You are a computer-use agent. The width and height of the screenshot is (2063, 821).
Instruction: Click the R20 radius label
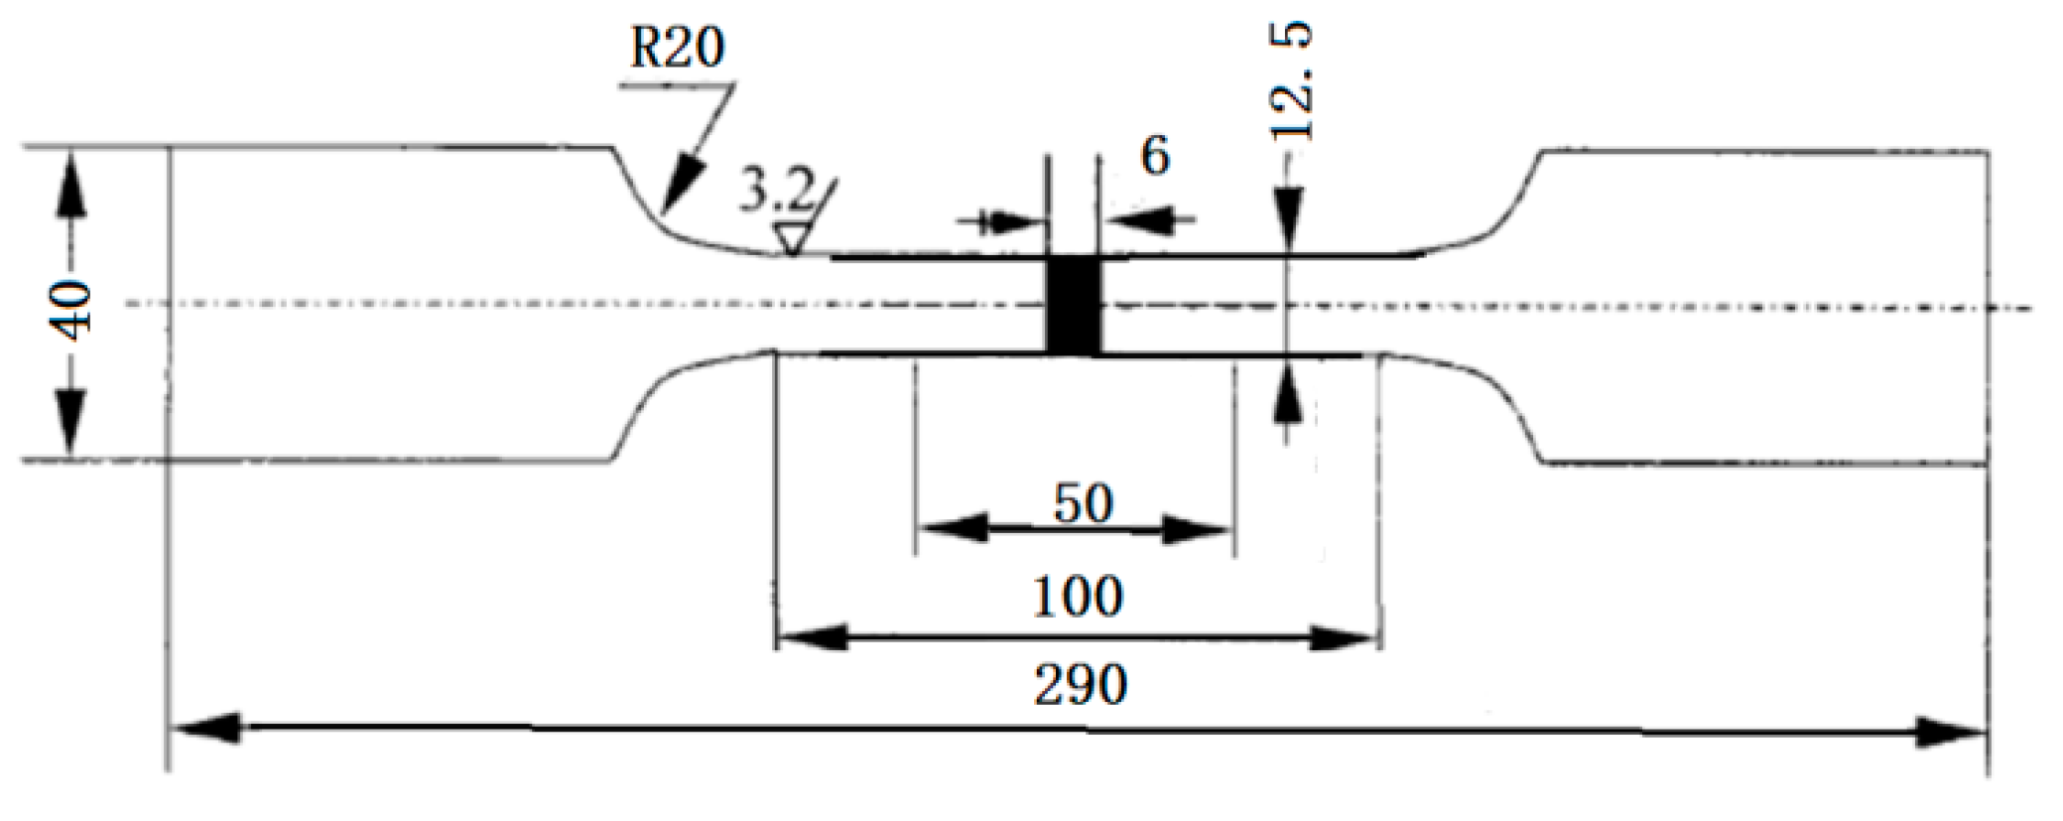[677, 48]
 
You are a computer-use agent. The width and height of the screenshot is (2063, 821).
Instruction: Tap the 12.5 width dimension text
[1292, 81]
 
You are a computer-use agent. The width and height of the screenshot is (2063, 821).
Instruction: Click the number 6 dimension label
[1154, 157]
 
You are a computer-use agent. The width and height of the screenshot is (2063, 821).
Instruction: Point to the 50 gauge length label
[1083, 504]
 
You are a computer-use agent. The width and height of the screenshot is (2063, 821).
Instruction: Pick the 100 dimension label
[1079, 597]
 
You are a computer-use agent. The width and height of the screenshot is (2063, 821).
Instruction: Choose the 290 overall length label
[1081, 685]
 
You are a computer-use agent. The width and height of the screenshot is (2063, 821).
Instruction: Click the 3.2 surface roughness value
[775, 192]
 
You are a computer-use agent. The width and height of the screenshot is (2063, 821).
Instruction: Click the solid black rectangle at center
[1075, 305]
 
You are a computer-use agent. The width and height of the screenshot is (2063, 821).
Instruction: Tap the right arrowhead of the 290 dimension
[1950, 734]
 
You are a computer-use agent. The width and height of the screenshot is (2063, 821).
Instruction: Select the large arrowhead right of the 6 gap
[1137, 219]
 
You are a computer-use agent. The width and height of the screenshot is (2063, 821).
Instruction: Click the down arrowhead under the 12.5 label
[1287, 216]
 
